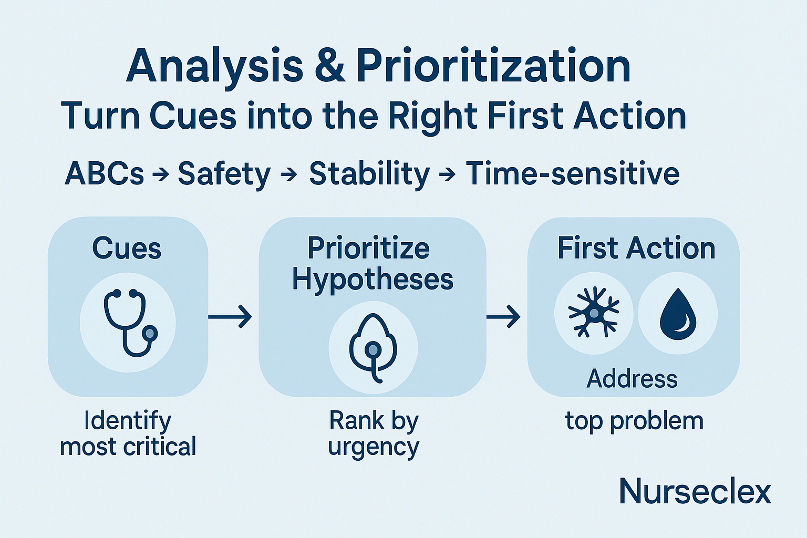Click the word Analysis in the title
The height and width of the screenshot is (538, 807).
pos(214,67)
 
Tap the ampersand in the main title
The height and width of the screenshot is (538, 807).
pos(330,67)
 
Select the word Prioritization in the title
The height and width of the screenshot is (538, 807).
pos(493,67)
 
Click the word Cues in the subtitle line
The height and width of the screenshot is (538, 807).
pos(193,116)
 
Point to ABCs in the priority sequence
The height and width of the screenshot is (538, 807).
pos(104,174)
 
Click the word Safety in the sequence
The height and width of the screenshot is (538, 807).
pos(224,174)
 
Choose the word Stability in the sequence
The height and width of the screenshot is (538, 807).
pos(369,174)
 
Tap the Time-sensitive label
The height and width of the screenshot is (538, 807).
pos(573,174)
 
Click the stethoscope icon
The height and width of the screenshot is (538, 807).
pos(129,322)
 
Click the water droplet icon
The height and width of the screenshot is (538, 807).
pos(678,314)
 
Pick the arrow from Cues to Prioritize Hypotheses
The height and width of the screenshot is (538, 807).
pos(230,316)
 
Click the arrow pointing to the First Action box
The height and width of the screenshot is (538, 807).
pos(503,316)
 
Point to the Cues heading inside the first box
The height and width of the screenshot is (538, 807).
pos(127,248)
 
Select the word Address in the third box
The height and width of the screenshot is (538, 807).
pos(632,378)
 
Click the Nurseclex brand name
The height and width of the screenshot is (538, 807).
pos(695,492)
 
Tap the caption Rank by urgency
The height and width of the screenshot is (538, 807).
pos(374,433)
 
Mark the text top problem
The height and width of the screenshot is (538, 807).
pos(634,421)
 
